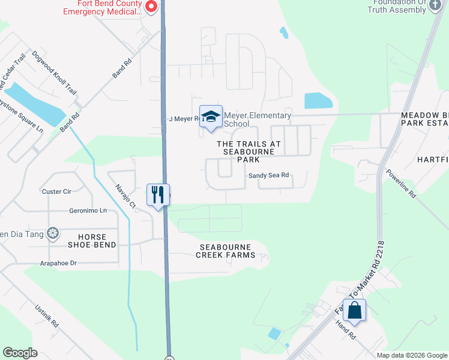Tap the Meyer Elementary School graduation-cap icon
[x=211, y=116]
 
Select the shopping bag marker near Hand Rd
[x=354, y=311]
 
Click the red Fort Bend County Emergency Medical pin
[x=151, y=7]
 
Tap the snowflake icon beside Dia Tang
[x=53, y=233]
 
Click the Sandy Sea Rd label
[x=269, y=175]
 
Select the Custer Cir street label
[x=56, y=191]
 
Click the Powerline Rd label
[x=401, y=184]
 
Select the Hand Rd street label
[x=346, y=331]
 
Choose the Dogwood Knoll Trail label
[x=56, y=76]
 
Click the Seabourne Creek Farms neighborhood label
[x=225, y=251]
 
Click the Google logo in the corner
[x=20, y=352]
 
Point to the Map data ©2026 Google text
[x=412, y=355]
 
